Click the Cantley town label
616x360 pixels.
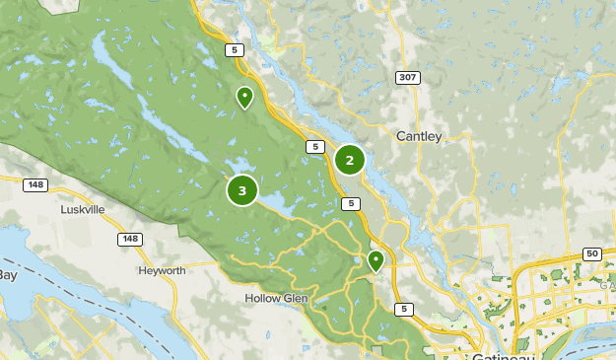pyautogui.click(x=418, y=136)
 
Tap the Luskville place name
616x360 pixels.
pyautogui.click(x=82, y=209)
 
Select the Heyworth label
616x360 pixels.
pyautogui.click(x=162, y=270)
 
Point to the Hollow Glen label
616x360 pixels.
pyautogui.click(x=276, y=298)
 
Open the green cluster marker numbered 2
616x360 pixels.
pyautogui.click(x=349, y=160)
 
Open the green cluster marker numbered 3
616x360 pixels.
pyautogui.click(x=242, y=190)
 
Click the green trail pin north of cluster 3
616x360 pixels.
pyautogui.click(x=243, y=97)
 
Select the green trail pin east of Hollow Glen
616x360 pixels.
pyautogui.click(x=375, y=260)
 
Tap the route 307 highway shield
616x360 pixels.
pyautogui.click(x=407, y=77)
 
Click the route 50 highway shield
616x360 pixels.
pyautogui.click(x=591, y=254)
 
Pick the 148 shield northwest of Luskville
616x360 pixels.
pyautogui.click(x=36, y=183)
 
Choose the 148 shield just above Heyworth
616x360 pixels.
pyautogui.click(x=129, y=240)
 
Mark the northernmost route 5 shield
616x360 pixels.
pyautogui.click(x=234, y=49)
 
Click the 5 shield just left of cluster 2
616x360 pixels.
pyautogui.click(x=313, y=147)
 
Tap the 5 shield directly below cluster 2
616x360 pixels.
pyautogui.click(x=351, y=204)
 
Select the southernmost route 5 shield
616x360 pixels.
pyautogui.click(x=403, y=309)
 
